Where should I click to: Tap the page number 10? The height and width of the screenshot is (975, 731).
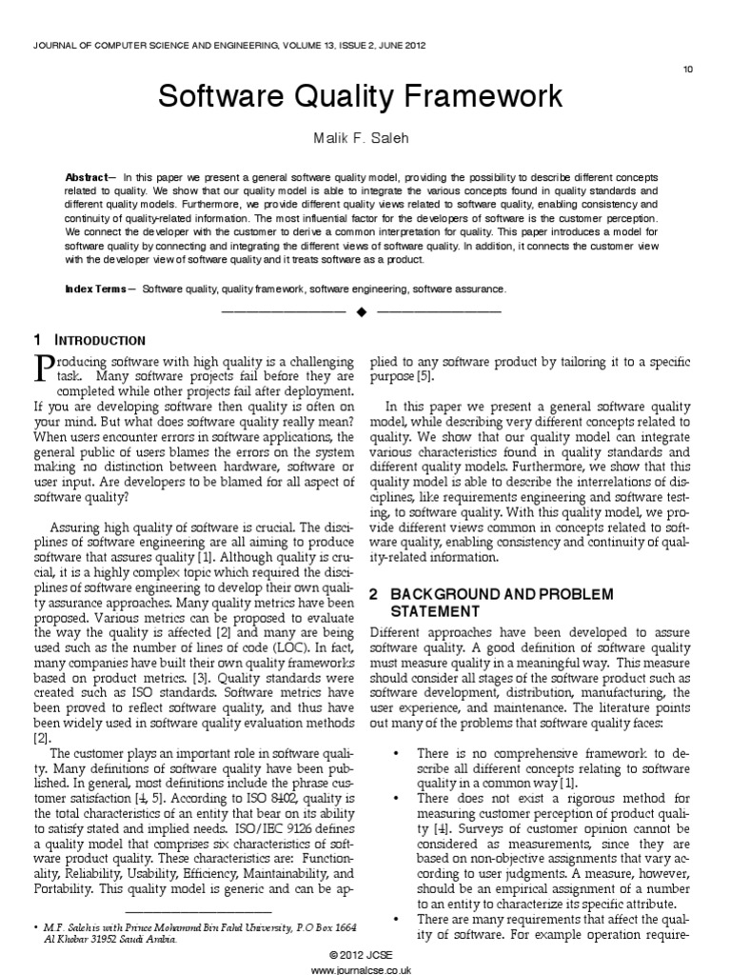pos(688,69)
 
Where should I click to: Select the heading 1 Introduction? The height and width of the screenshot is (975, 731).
pos(89,340)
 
